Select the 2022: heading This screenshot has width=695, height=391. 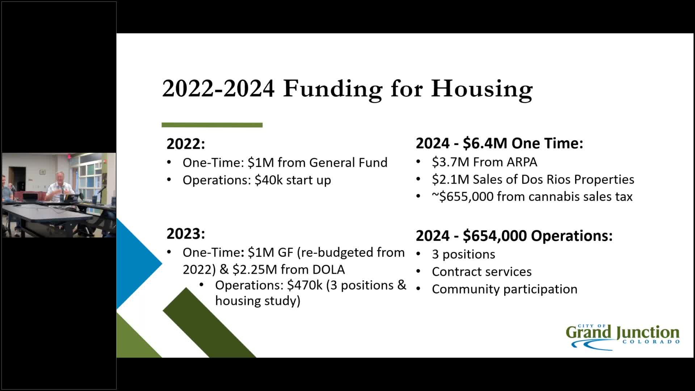(186, 144)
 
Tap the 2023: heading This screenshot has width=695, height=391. (186, 234)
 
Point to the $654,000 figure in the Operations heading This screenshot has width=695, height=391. (495, 236)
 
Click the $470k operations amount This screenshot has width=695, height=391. (304, 285)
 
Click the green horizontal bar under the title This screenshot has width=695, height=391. (212, 125)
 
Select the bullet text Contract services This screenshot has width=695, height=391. (481, 272)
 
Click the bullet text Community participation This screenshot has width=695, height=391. (504, 289)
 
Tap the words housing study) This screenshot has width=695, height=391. (257, 301)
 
